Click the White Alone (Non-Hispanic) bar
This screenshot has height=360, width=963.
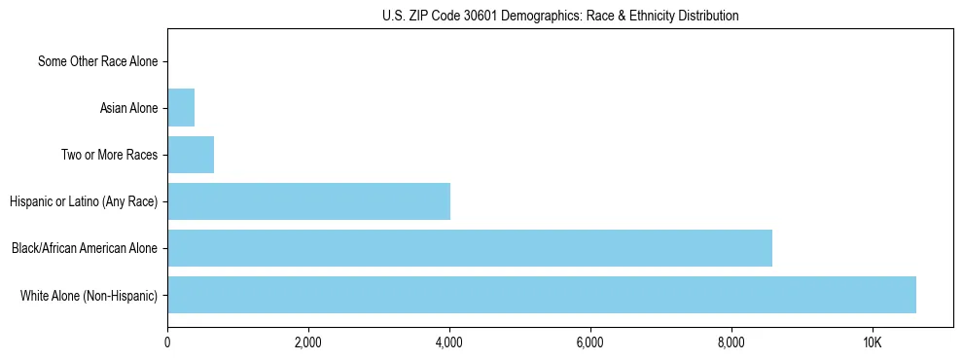[542, 295]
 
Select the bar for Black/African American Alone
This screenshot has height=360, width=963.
[470, 248]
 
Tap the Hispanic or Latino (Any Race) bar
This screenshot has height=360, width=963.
[308, 201]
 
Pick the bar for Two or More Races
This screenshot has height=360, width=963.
[191, 155]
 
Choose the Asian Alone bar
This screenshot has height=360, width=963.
[181, 108]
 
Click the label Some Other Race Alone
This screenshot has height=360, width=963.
[97, 61]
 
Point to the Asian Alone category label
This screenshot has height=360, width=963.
[128, 108]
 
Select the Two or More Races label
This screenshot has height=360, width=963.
[109, 155]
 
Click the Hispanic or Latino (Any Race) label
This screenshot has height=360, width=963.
[84, 201]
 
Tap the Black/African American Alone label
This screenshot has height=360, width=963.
[85, 248]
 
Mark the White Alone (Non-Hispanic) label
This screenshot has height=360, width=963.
[89, 295]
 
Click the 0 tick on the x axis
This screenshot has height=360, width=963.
[167, 342]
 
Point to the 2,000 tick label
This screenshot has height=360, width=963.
[308, 342]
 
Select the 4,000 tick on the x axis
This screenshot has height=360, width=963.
[449, 342]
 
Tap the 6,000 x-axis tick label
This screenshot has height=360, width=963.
[590, 342]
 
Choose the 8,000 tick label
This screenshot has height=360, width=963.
[731, 342]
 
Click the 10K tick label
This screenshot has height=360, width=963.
[873, 342]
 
